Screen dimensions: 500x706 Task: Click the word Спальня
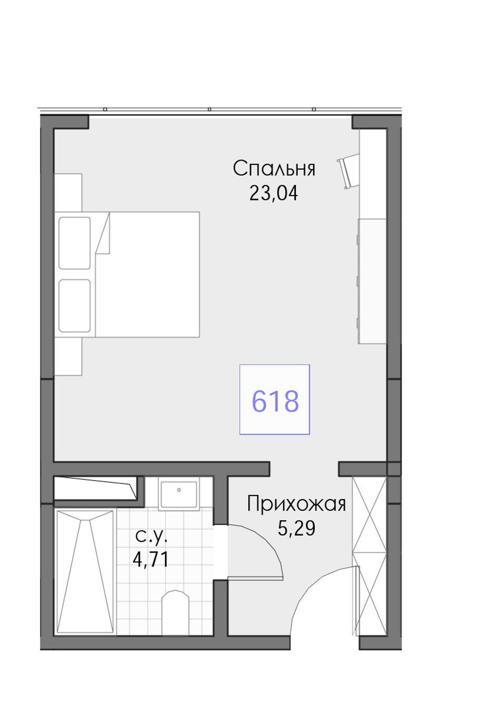[274, 168]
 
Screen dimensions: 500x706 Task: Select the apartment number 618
[275, 401]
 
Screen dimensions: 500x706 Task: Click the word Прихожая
[296, 504]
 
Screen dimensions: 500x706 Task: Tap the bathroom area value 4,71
[151, 560]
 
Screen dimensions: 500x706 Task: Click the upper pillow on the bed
[75, 243]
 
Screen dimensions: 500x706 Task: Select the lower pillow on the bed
[75, 306]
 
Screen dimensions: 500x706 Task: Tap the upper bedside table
[68, 192]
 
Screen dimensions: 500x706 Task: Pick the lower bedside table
[68, 356]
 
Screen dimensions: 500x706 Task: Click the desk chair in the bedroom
[349, 172]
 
